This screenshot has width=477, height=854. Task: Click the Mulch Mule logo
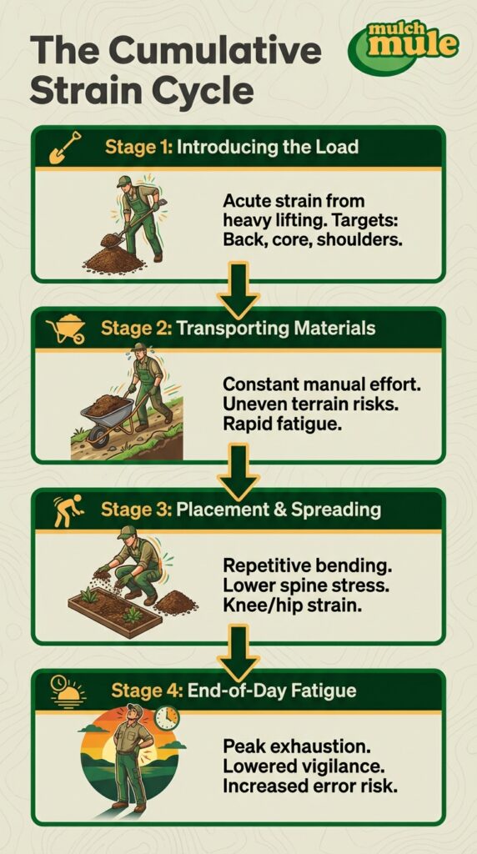[404, 46]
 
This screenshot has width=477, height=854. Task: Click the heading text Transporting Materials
[276, 329]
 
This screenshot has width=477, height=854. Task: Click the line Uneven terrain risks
[289, 404]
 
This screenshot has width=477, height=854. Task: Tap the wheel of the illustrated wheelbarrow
[98, 435]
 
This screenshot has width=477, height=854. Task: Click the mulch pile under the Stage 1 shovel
[113, 259]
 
